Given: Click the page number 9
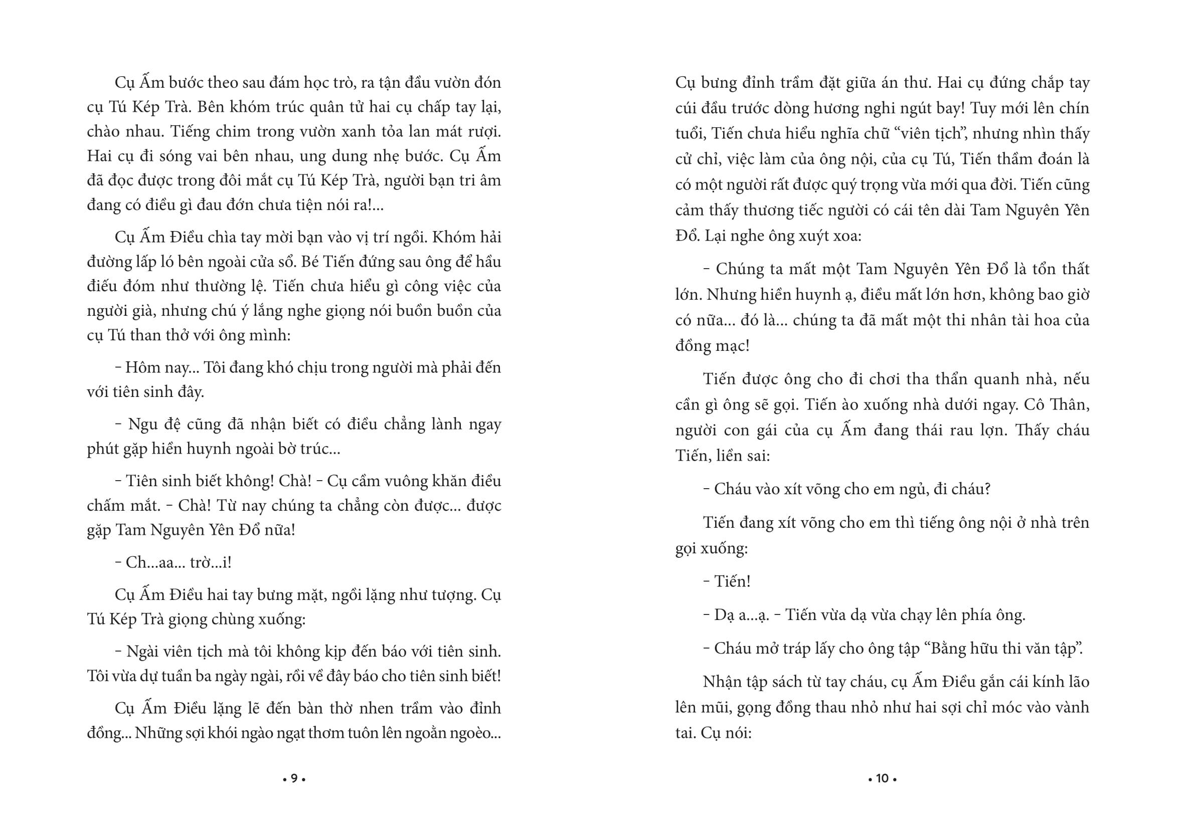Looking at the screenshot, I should pos(294,778).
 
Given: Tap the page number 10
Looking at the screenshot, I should pos(882,778).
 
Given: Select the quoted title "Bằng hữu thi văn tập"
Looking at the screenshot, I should pos(1002,648).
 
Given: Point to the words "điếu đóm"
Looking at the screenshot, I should pos(117,286).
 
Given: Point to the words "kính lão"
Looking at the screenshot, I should pos(1061,682).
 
